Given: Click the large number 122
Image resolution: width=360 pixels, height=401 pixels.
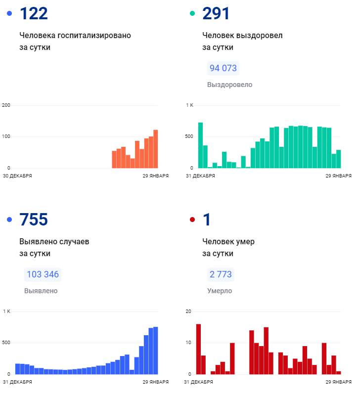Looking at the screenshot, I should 34,13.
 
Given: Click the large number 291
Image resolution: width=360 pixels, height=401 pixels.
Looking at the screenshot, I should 217,13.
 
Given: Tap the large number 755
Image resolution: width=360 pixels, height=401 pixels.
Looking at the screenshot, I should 34,220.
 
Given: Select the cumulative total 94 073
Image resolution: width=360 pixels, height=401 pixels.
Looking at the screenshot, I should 223,68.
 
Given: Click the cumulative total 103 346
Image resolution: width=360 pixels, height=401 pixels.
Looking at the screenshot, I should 43,274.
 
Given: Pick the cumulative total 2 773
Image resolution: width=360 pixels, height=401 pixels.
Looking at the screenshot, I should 221,274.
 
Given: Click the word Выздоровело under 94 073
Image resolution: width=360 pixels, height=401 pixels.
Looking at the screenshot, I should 229,85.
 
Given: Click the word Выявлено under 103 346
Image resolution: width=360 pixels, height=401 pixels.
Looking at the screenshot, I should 41,291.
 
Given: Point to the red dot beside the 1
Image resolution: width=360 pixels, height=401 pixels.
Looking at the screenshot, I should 192,220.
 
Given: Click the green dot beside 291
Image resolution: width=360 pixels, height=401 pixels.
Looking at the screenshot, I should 192,13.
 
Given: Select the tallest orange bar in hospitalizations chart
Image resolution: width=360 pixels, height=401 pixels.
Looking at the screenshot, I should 155,148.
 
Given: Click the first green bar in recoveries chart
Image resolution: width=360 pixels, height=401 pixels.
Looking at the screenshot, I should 201,145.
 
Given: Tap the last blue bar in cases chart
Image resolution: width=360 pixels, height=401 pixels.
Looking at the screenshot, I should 155,350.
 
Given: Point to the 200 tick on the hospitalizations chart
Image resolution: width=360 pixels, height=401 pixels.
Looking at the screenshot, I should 6,105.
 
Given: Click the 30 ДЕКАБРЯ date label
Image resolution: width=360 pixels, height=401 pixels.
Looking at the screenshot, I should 17,176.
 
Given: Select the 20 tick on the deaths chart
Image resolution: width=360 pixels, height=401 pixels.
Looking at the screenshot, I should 188,311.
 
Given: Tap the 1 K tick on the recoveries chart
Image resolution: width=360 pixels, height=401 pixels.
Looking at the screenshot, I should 189,105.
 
